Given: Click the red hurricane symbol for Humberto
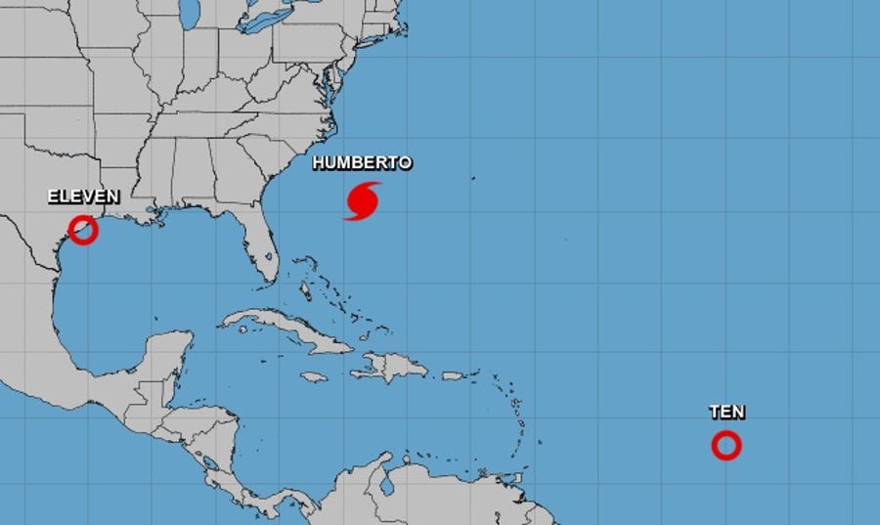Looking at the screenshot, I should tap(363, 200).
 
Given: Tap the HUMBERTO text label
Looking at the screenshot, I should tap(362, 163).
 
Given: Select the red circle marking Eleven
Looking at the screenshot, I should tap(83, 230).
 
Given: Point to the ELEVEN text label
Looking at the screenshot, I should tap(83, 197).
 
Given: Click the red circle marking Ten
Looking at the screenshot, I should tap(726, 446).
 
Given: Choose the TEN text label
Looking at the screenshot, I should tap(726, 413).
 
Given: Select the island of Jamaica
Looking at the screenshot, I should tap(312, 376).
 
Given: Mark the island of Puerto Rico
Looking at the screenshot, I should tap(452, 375).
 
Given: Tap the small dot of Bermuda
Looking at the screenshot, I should tap(473, 178).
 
